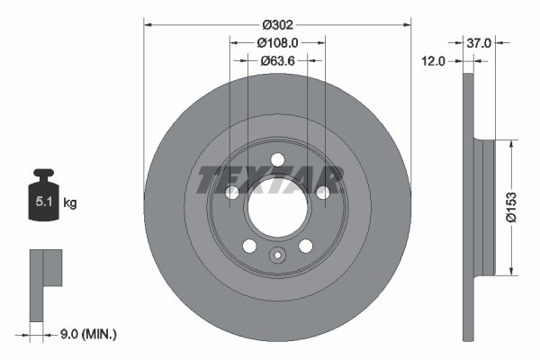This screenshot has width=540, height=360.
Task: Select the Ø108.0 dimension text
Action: point(277,42)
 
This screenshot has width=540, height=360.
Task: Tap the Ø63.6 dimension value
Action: point(277,62)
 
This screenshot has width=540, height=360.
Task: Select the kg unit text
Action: point(70,203)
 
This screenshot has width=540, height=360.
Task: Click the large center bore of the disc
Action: point(277,212)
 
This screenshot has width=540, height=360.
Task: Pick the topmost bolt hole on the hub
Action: point(277,160)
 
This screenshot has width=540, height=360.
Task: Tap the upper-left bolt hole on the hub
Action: point(232,193)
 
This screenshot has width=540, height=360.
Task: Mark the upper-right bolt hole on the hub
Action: point(322,193)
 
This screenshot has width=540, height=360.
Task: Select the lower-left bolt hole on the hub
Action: point(249,246)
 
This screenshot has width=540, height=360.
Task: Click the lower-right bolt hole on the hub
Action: point(305,246)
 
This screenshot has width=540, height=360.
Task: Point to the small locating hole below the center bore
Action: point(277,255)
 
